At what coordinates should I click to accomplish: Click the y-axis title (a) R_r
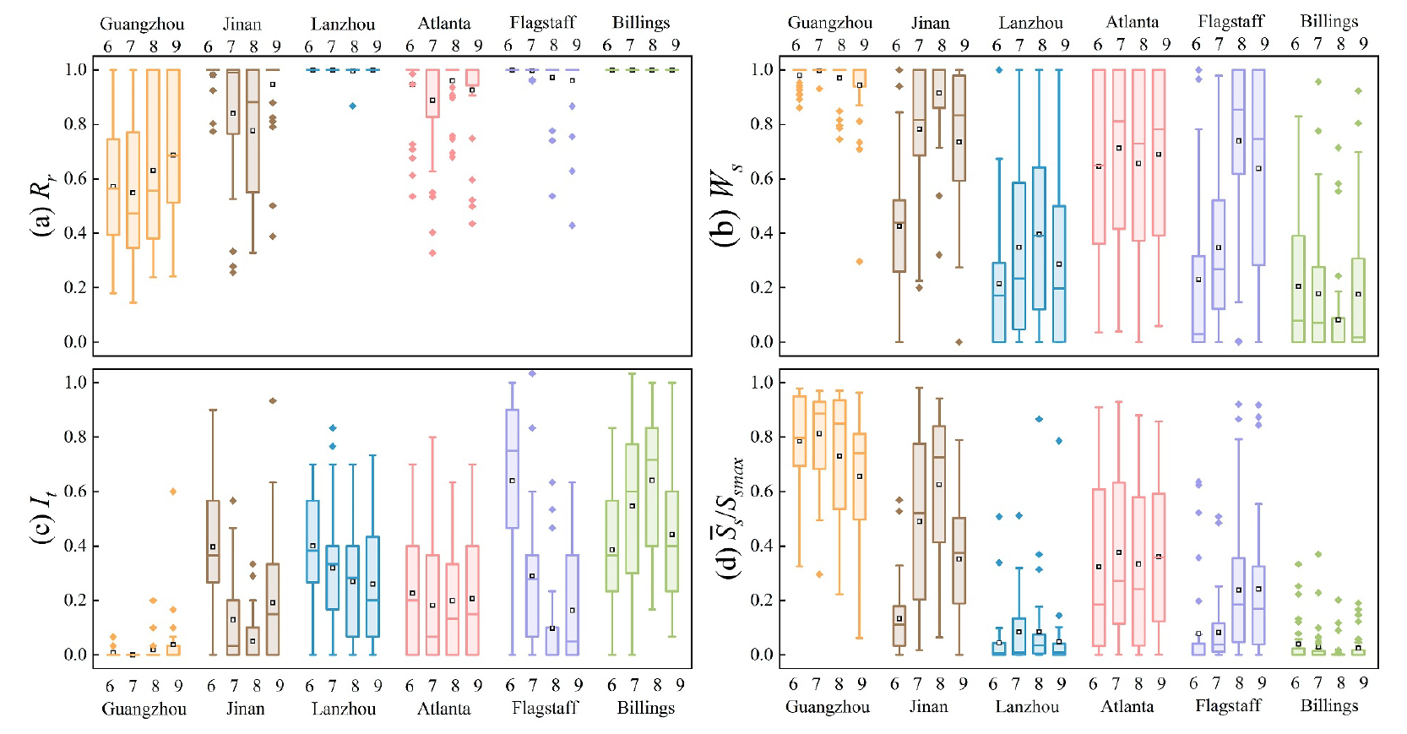[x=41, y=207]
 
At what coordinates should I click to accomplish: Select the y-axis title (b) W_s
[x=725, y=207]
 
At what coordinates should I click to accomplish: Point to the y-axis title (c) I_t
[x=41, y=518]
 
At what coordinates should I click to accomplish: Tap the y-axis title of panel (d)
[x=728, y=518]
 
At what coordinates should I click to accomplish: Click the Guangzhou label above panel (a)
[x=142, y=24]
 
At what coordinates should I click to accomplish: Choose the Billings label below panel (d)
[x=1329, y=705]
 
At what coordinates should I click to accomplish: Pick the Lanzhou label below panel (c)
[x=344, y=708]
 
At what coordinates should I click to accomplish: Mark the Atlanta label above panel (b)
[x=1133, y=23]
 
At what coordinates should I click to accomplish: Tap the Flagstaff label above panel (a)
[x=543, y=23]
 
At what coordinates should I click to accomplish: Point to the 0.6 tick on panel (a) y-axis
[x=76, y=178]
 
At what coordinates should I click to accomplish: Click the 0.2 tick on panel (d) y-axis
[x=763, y=600]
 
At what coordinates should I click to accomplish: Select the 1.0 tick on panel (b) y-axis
[x=763, y=69]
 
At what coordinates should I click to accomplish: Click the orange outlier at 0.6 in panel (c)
[x=173, y=491]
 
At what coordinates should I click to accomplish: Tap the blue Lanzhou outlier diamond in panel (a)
[x=353, y=106]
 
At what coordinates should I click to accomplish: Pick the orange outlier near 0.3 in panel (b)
[x=860, y=261]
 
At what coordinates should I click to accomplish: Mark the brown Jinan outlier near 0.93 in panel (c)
[x=273, y=400]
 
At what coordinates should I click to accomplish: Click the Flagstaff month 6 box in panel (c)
[x=512, y=469]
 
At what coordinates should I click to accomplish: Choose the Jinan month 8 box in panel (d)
[x=938, y=484]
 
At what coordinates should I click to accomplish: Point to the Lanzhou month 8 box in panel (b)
[x=1039, y=238]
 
